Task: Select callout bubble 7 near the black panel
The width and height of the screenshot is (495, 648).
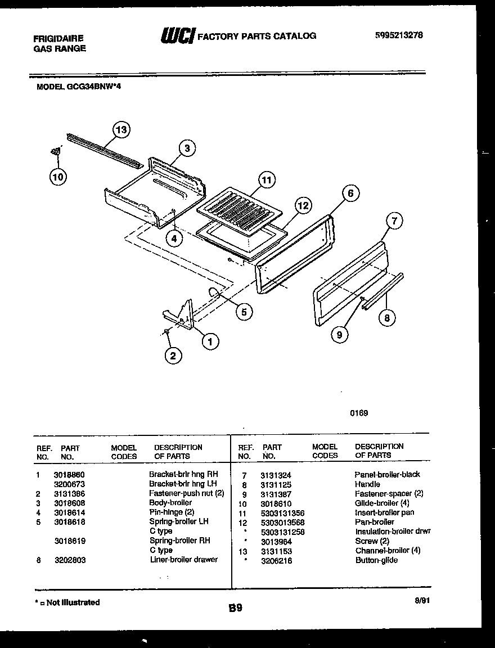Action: coord(394,221)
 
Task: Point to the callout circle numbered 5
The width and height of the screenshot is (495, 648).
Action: coord(244,312)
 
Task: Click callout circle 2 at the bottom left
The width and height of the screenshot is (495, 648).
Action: coord(173,355)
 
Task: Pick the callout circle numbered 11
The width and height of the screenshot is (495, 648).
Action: coord(266,180)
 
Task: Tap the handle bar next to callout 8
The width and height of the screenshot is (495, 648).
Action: coord(382,290)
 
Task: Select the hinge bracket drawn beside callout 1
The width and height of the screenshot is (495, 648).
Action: coord(180,315)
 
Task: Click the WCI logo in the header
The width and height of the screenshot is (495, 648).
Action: coord(177,35)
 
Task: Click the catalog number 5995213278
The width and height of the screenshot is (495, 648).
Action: coord(399,35)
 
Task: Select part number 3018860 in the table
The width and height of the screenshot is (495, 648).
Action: coord(69,474)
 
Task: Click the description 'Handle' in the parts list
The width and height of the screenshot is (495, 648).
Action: coord(367,484)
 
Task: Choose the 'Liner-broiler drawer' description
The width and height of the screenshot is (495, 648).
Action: coord(183,560)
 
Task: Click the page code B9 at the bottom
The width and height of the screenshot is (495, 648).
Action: coord(236,607)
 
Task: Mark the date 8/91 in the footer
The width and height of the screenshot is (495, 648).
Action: coord(421,600)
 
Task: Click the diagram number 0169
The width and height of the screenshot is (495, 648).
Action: coord(359,413)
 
